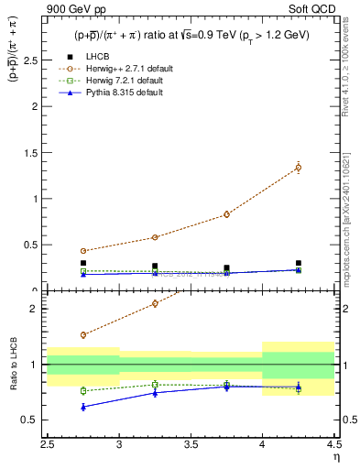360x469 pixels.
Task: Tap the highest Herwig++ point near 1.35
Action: (x=298, y=167)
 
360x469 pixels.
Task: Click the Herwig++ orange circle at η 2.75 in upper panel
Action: (x=83, y=251)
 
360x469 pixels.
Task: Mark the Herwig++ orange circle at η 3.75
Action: (x=226, y=214)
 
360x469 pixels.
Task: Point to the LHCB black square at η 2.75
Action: (x=83, y=263)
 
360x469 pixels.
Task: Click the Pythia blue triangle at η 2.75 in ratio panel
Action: (x=83, y=407)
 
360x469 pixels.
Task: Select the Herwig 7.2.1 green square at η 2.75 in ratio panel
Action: (x=83, y=390)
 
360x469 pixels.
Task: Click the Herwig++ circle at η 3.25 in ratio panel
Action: (x=155, y=303)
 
